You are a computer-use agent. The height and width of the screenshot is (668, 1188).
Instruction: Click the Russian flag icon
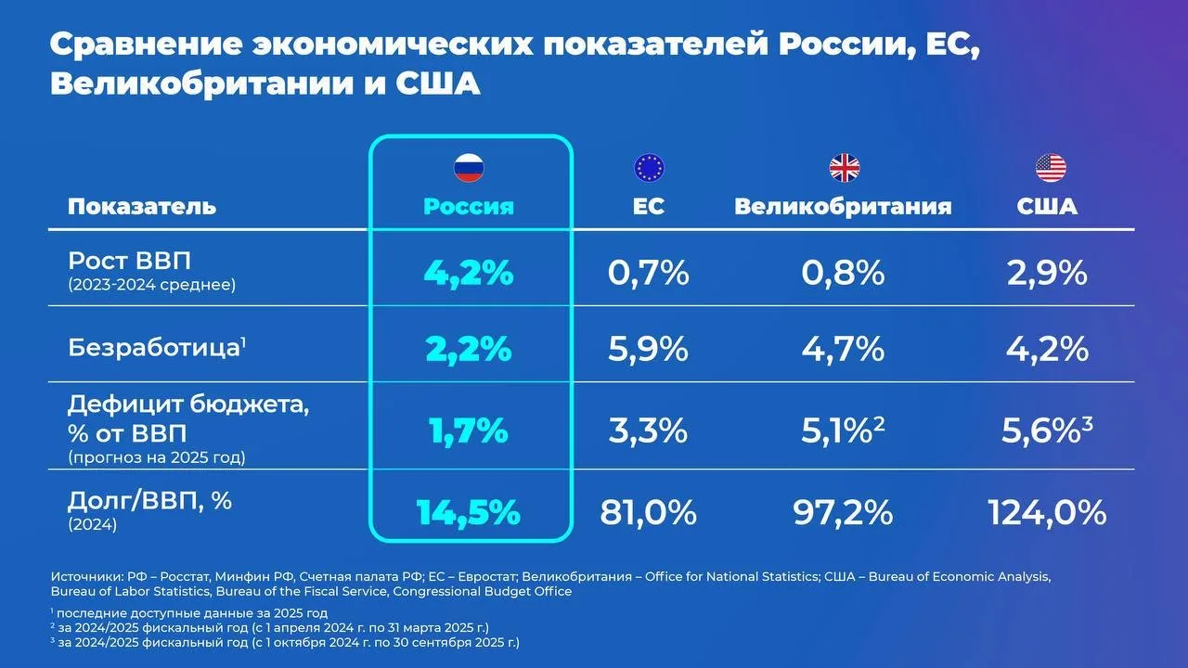pyautogui.click(x=469, y=168)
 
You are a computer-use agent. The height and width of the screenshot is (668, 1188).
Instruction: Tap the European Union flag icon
pyautogui.click(x=649, y=168)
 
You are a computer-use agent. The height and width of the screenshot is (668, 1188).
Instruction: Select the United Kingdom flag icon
pyautogui.click(x=844, y=168)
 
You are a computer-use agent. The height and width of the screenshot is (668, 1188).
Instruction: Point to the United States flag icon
pyautogui.click(x=1051, y=168)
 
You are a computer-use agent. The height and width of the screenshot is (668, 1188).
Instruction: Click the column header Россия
pyautogui.click(x=469, y=206)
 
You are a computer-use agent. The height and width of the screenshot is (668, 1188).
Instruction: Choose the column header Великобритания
pyautogui.click(x=843, y=206)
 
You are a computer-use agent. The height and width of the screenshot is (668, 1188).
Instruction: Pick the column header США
pyautogui.click(x=1047, y=206)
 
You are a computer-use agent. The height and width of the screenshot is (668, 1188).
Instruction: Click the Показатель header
pyautogui.click(x=142, y=206)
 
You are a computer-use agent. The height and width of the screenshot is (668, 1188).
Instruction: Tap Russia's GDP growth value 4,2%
pyautogui.click(x=469, y=273)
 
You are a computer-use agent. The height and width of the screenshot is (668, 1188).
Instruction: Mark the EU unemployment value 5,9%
pyautogui.click(x=648, y=349)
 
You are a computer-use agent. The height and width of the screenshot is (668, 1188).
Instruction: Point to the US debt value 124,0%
pyautogui.click(x=1047, y=512)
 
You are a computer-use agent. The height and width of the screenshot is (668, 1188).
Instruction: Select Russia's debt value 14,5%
pyautogui.click(x=469, y=513)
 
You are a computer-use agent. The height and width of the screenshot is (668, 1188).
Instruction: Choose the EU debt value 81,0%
pyautogui.click(x=648, y=512)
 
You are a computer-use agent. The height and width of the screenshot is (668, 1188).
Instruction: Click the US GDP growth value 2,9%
pyautogui.click(x=1047, y=273)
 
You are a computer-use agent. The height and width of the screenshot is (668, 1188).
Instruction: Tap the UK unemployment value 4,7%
pyautogui.click(x=843, y=349)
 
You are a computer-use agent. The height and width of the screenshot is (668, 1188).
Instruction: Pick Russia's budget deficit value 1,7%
pyautogui.click(x=469, y=430)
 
